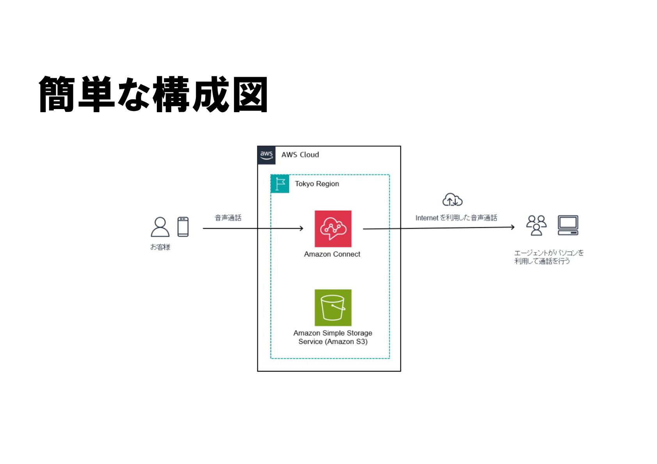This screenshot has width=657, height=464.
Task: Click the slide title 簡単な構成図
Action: click(153, 94)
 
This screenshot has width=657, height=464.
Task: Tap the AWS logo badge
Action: click(266, 155)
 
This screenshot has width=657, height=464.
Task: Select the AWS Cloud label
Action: click(300, 155)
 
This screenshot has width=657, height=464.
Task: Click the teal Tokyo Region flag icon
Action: click(280, 184)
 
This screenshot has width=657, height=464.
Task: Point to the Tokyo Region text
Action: click(317, 184)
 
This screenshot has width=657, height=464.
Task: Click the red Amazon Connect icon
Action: click(333, 229)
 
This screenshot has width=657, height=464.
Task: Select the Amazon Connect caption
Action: click(332, 254)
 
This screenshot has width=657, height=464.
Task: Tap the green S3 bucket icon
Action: click(333, 307)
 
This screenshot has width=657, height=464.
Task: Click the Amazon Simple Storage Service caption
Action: click(333, 337)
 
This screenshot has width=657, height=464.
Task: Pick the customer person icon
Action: click(160, 227)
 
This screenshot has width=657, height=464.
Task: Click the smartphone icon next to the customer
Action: click(183, 227)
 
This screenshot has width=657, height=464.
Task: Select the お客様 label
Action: click(160, 247)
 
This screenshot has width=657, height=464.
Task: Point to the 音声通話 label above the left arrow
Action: click(228, 218)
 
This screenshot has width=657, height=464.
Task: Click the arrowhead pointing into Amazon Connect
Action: click(301, 228)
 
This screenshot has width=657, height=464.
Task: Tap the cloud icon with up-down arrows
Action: click(452, 200)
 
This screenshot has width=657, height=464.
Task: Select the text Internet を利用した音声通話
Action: click(456, 218)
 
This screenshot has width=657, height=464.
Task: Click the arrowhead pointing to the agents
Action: click(513, 227)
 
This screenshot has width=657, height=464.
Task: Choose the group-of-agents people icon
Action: click(536, 225)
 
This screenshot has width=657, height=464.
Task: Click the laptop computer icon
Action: click(568, 225)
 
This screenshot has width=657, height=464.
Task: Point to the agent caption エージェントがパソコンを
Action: click(549, 253)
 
